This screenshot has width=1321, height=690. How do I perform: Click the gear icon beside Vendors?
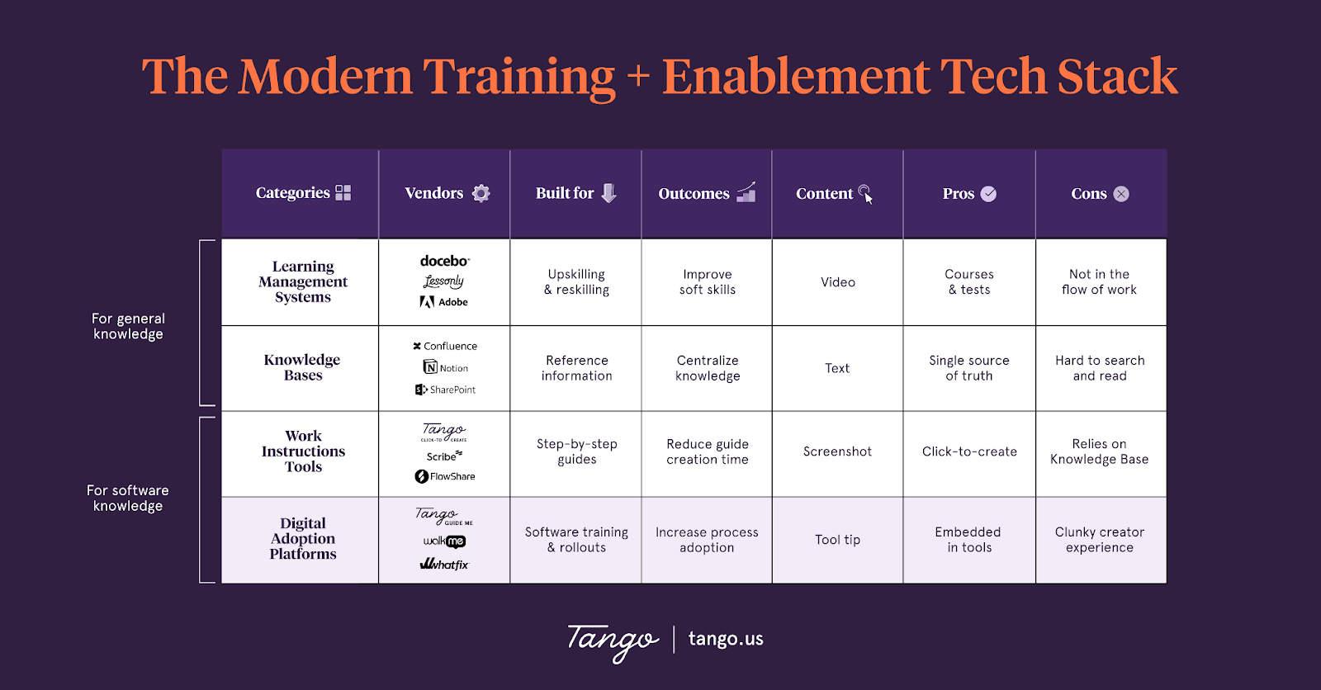481,193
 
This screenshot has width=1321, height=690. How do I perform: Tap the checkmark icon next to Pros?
988,194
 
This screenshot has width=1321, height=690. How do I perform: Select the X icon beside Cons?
1120,194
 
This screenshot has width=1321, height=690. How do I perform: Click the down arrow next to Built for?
608,193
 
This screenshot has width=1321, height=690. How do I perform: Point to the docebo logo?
444,261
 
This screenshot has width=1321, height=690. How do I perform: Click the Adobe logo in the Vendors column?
444,302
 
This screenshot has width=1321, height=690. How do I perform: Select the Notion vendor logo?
446,368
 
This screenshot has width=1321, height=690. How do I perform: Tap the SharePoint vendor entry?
445,390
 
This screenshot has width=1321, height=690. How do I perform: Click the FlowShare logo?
445,476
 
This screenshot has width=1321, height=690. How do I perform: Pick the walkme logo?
444,541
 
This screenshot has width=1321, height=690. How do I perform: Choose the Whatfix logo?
444,565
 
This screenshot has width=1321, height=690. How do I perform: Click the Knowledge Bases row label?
302,367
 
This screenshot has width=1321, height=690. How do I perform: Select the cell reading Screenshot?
837,451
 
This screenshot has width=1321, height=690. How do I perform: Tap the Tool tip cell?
837,540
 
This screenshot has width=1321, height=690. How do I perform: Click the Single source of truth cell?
969,368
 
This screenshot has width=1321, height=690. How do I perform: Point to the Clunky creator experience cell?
1100,540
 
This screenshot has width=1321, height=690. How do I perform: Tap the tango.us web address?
726,639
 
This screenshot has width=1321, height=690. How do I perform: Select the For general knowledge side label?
128,326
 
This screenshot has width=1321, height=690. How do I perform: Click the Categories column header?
293,193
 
